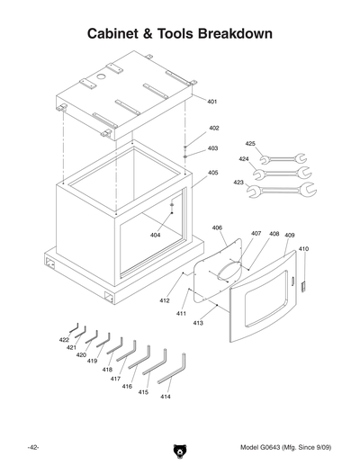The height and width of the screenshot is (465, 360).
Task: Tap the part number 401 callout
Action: pyautogui.click(x=212, y=102)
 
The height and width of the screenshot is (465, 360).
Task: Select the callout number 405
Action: pyautogui.click(x=213, y=173)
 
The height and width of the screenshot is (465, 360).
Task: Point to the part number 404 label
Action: pyautogui.click(x=155, y=235)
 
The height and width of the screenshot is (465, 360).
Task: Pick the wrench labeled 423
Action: pyautogui.click(x=286, y=189)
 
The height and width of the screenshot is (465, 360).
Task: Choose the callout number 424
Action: pyautogui.click(x=243, y=159)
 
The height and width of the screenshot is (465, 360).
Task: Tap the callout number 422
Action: pyautogui.click(x=64, y=340)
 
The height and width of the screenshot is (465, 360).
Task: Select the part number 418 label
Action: pyautogui.click(x=107, y=370)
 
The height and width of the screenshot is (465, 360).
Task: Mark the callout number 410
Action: pyautogui.click(x=303, y=248)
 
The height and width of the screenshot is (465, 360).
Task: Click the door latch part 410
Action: pyautogui.click(x=303, y=285)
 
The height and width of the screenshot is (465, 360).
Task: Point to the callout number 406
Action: pyautogui.click(x=218, y=228)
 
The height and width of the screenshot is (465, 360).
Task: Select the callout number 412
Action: pyautogui.click(x=165, y=300)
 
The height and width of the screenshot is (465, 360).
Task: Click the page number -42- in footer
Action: pyautogui.click(x=31, y=447)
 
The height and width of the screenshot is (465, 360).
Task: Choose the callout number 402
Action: pyautogui.click(x=213, y=129)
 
